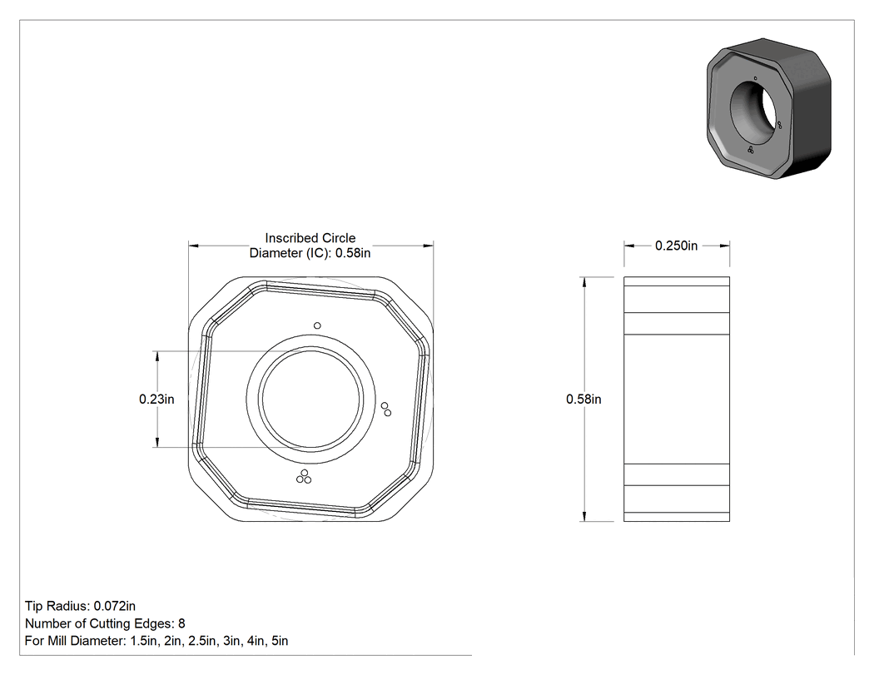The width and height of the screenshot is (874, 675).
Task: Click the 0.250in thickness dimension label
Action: pos(676,246)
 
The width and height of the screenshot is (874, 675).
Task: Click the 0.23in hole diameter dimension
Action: pos(156,400)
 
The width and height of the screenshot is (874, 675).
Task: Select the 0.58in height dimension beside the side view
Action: pos(583,400)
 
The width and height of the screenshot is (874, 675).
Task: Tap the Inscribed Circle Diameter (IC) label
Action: pos(310,246)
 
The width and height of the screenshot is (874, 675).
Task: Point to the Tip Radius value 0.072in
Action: pos(114,606)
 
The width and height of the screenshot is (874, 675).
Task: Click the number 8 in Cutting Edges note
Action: pos(181,623)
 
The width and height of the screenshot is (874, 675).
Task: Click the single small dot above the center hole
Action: pos(317,325)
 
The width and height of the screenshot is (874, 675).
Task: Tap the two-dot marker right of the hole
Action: pos(385,409)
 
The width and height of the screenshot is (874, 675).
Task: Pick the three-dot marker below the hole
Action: pos(304,477)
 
